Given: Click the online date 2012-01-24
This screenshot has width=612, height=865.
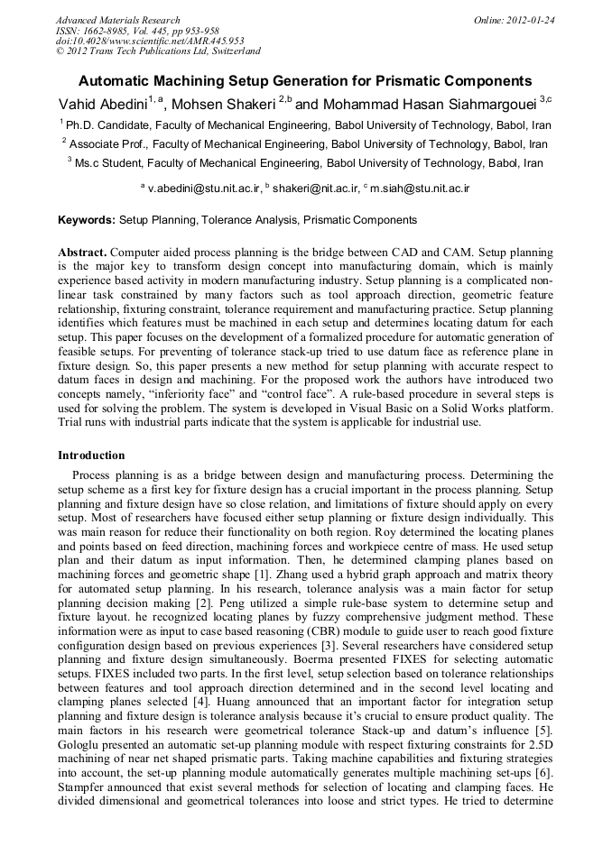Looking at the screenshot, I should click(x=527, y=20).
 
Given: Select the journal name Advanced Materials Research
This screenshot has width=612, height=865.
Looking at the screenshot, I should click(x=117, y=20).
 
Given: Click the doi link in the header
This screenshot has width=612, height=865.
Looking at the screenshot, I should click(x=150, y=41).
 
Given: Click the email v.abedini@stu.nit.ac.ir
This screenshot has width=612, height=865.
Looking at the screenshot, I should click(x=204, y=189).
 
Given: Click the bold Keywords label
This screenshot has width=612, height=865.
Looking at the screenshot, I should click(x=87, y=220).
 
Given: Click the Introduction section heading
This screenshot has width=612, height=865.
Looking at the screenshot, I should click(x=91, y=456).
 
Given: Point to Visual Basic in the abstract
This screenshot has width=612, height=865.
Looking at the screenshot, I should click(x=397, y=407).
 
